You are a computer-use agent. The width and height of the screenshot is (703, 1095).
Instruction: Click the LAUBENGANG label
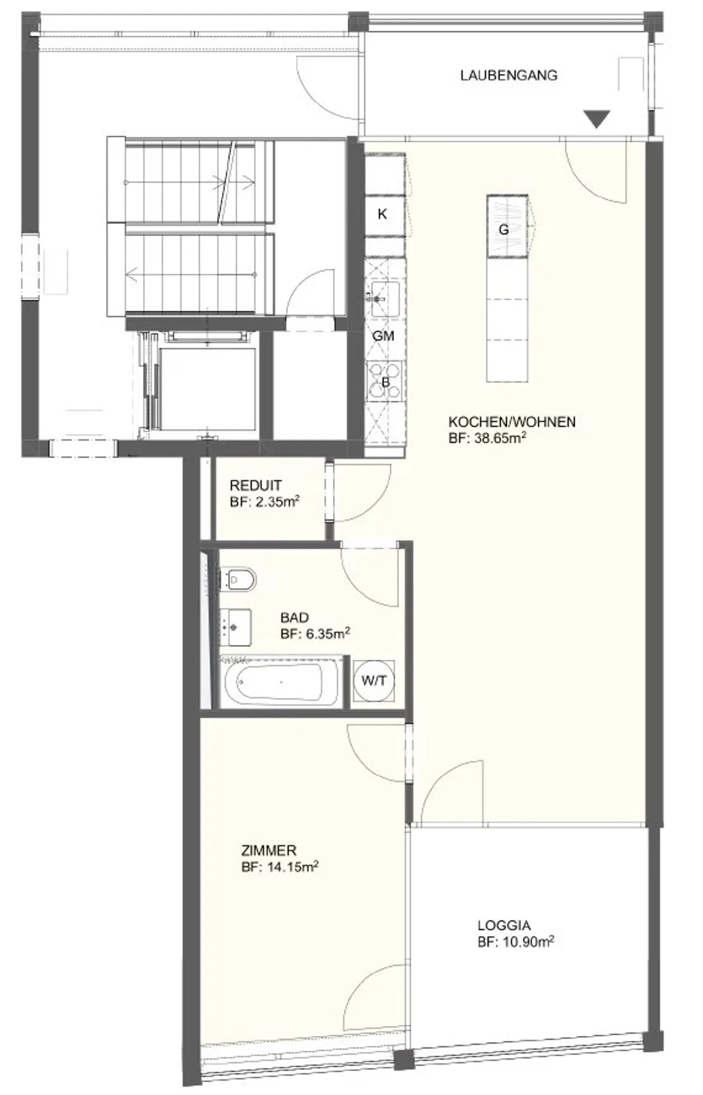point(508,75)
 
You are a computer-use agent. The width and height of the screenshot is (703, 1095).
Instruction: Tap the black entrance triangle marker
point(597,119)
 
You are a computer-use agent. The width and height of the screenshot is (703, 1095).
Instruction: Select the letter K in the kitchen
point(382,214)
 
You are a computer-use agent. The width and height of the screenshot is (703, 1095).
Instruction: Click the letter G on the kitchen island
point(504,229)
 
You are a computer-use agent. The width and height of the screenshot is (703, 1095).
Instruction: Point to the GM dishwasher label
point(383,336)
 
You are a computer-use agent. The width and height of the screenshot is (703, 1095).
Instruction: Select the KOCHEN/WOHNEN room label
point(512,422)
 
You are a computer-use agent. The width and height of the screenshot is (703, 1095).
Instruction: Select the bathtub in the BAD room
point(280,681)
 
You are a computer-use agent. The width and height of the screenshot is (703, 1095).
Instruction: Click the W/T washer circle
point(374,681)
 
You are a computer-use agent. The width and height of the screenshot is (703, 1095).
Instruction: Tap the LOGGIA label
point(504,925)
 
